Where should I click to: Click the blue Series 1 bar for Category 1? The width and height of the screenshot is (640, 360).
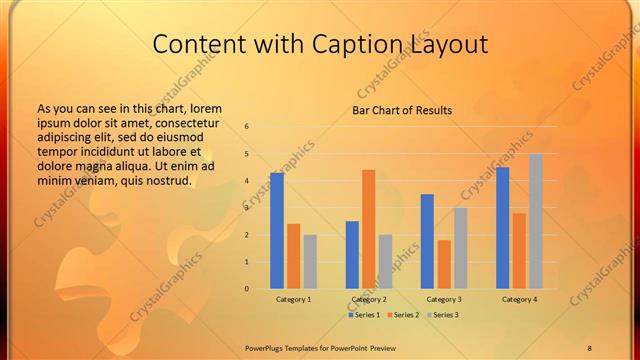point(277,231)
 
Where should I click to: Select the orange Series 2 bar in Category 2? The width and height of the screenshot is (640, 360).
point(368,229)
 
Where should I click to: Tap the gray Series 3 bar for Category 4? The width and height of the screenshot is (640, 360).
point(536,221)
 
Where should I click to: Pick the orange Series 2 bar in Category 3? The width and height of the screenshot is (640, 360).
point(444,264)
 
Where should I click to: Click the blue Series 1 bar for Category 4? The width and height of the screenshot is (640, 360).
point(502,228)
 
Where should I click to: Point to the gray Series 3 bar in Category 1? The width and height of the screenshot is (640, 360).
point(310,262)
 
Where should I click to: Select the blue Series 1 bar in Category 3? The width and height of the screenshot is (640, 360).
point(427,241)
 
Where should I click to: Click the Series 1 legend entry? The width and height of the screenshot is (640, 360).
point(364,315)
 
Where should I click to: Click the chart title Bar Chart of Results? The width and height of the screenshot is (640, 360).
point(402,110)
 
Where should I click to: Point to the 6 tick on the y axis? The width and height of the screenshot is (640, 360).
point(246,127)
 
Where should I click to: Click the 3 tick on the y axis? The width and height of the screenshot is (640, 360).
point(246,208)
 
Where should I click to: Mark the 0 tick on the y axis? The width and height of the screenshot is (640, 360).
point(246,289)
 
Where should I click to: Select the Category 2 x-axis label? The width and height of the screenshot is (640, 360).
point(369,299)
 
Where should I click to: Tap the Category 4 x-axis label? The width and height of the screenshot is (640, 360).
point(519,299)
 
